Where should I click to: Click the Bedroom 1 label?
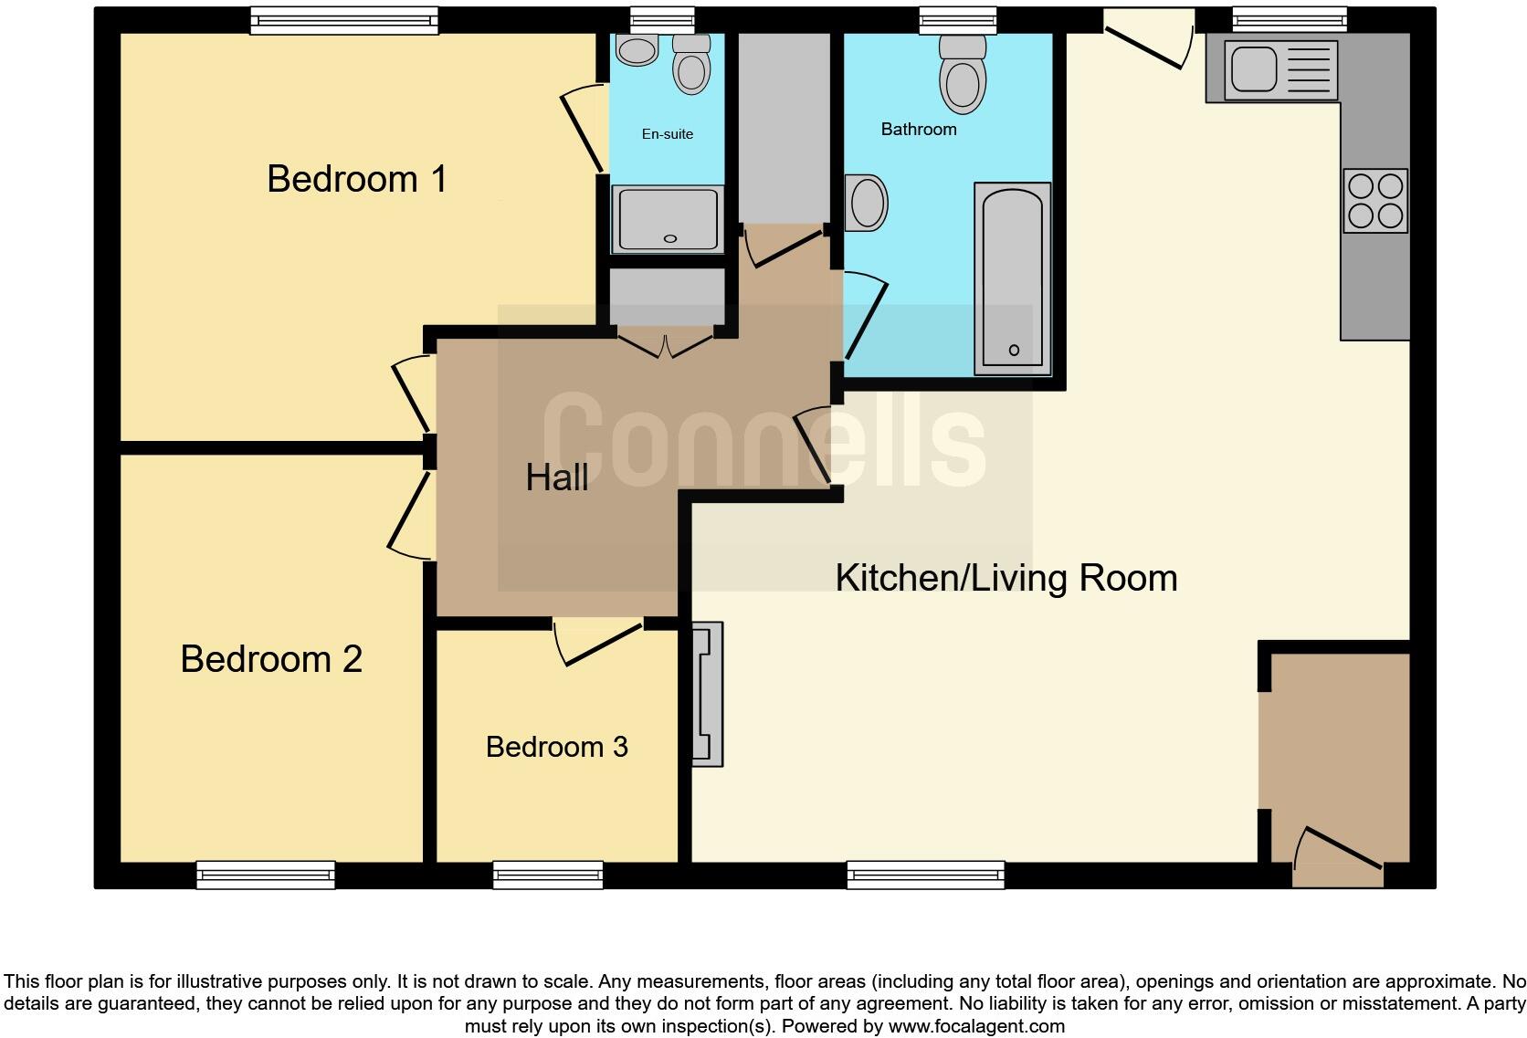pyautogui.click(x=357, y=179)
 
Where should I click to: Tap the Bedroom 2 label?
pyautogui.click(x=271, y=659)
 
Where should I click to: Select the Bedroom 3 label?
pyautogui.click(x=556, y=747)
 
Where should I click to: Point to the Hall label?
pyautogui.click(x=556, y=477)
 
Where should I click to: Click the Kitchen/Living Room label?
pyautogui.click(x=1006, y=578)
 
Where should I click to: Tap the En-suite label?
pyautogui.click(x=667, y=134)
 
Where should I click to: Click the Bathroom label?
pyautogui.click(x=918, y=130)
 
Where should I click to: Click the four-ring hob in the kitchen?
pyautogui.click(x=1375, y=201)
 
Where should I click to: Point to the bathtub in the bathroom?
pyautogui.click(x=1013, y=278)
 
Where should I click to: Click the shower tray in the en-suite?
pyautogui.click(x=668, y=219)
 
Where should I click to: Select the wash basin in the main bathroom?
pyautogui.click(x=867, y=203)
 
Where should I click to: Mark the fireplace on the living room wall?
pyautogui.click(x=708, y=694)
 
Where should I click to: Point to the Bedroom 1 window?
pyautogui.click(x=344, y=20)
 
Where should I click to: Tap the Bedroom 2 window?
pyautogui.click(x=266, y=875)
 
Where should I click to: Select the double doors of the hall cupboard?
pyautogui.click(x=665, y=344)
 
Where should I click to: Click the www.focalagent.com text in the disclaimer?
pyautogui.click(x=975, y=1026)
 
